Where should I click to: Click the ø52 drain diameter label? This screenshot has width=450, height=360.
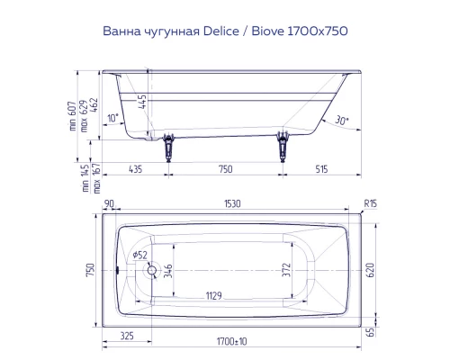coord(139,255)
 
